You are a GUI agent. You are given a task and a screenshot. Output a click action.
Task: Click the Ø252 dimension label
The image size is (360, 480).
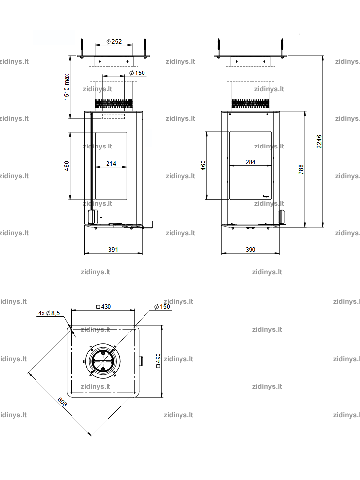click(114, 41)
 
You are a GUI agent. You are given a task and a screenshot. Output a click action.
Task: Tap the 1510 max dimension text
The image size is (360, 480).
click(67, 87)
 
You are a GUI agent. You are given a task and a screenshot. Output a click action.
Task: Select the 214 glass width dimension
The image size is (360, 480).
click(111, 163)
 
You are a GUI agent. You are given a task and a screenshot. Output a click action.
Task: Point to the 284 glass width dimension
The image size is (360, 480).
click(251, 162)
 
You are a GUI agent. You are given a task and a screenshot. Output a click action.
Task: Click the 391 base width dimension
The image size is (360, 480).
click(113, 249)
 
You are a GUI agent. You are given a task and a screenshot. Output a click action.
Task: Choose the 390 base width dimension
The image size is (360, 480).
click(251, 249)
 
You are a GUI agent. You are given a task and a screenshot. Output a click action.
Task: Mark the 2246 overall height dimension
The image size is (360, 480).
click(319, 142)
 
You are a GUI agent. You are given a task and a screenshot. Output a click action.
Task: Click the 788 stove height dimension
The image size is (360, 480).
click(301, 169)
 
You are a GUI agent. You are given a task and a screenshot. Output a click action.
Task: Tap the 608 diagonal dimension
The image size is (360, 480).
click(62, 402)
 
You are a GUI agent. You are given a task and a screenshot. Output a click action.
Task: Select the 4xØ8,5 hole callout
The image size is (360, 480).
click(49, 313)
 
